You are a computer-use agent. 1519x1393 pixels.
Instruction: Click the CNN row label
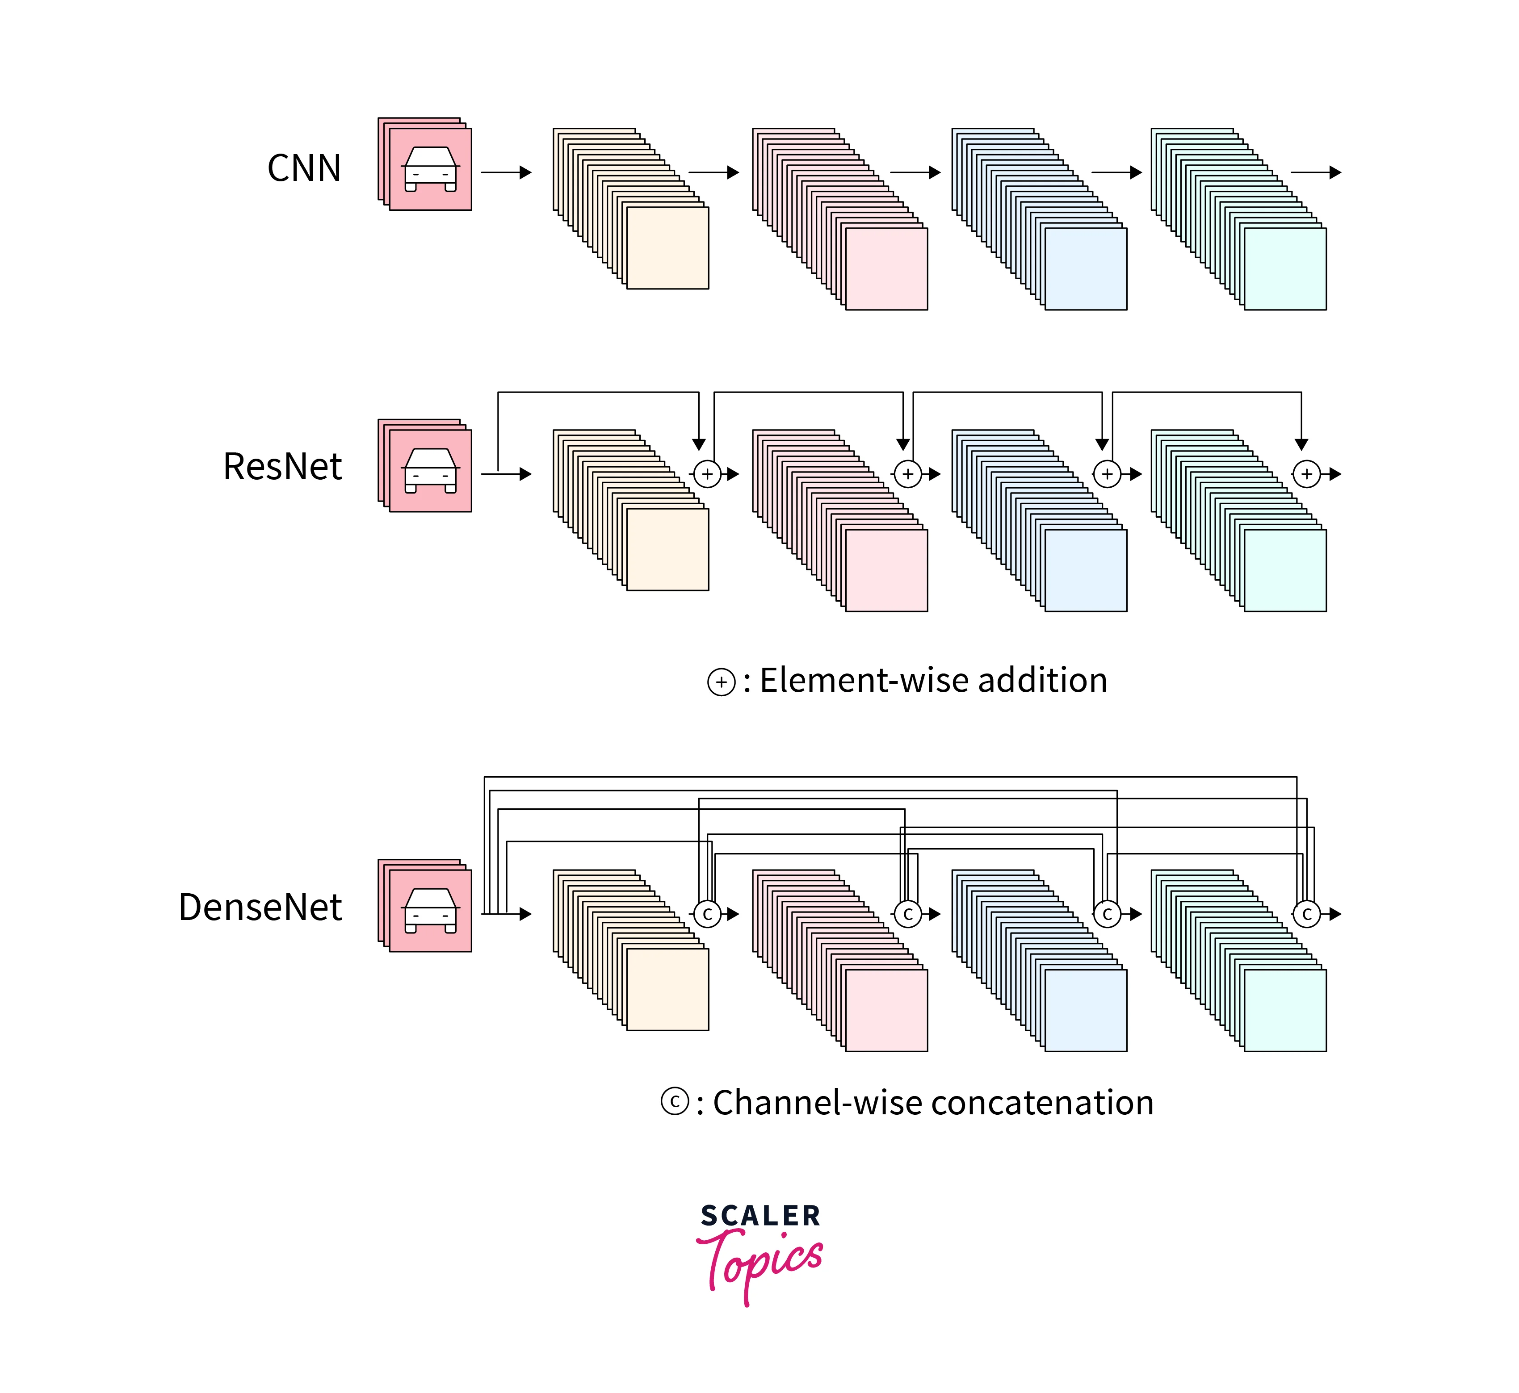pyautogui.click(x=304, y=168)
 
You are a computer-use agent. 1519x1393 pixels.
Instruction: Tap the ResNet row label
pyautogui.click(x=282, y=467)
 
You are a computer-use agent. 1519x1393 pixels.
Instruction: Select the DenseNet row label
pyautogui.click(x=260, y=907)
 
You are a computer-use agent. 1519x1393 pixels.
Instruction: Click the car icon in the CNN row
pyautogui.click(x=430, y=169)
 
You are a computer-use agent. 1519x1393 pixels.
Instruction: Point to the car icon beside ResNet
pyautogui.click(x=430, y=470)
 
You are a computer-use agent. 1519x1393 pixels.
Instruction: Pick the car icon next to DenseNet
pyautogui.click(x=430, y=911)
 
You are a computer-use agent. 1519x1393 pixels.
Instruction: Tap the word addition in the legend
pyautogui.click(x=1043, y=681)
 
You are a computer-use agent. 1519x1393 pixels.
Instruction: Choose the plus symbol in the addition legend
pyautogui.click(x=722, y=682)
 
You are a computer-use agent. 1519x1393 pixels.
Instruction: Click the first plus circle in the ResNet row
pyautogui.click(x=707, y=474)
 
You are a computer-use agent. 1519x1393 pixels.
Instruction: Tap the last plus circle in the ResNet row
pyautogui.click(x=1306, y=474)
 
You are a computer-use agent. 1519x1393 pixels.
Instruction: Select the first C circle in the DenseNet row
pyautogui.click(x=707, y=914)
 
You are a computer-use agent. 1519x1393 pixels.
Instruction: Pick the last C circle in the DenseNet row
pyautogui.click(x=1306, y=914)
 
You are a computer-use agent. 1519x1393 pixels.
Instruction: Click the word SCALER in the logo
pyautogui.click(x=760, y=1216)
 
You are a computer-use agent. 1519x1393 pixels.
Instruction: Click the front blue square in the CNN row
pyautogui.click(x=1086, y=269)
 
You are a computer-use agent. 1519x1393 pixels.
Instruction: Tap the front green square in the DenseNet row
pyautogui.click(x=1284, y=1011)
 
